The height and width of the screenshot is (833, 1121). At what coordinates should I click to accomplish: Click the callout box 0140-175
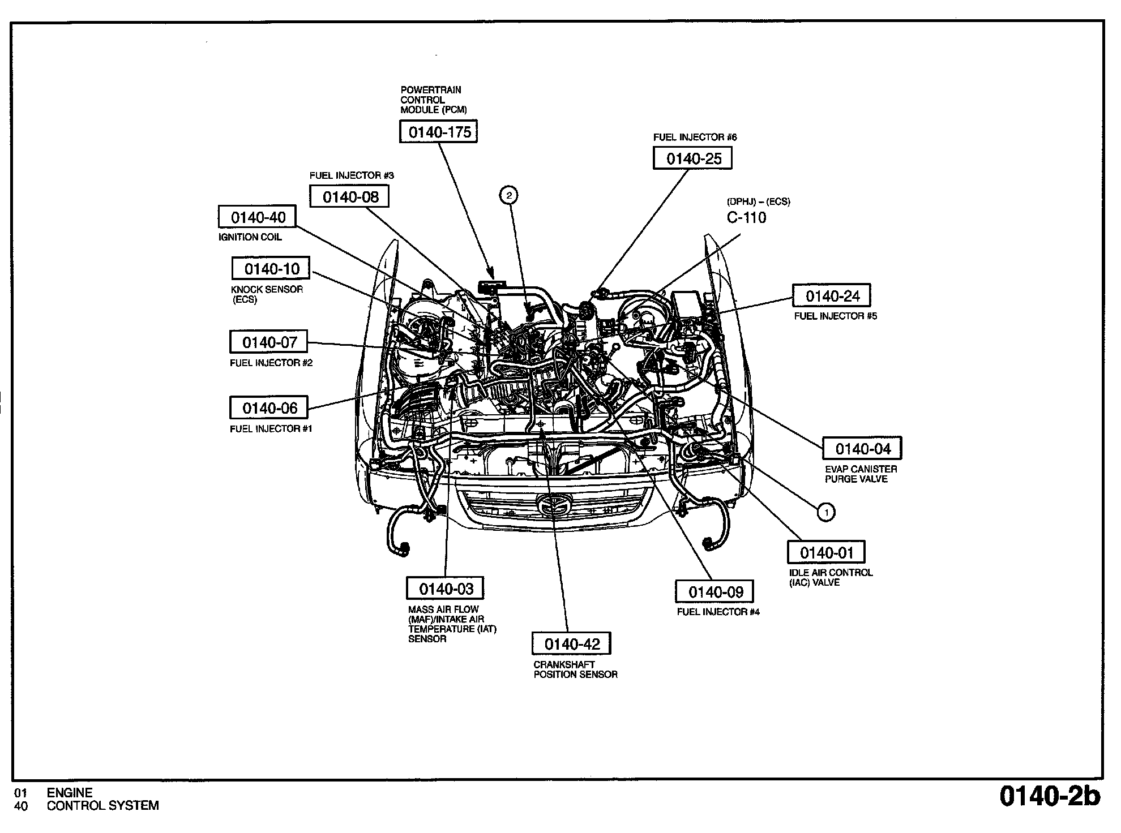pyautogui.click(x=439, y=132)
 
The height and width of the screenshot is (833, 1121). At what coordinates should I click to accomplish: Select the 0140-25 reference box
pyautogui.click(x=692, y=158)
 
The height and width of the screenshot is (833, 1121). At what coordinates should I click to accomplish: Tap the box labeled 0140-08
pyautogui.click(x=350, y=197)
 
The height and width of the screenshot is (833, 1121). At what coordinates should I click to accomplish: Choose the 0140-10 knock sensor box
pyautogui.click(x=271, y=268)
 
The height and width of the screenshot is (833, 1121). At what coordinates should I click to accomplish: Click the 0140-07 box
pyautogui.click(x=269, y=342)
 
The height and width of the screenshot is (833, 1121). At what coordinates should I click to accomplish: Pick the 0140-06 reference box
pyautogui.click(x=269, y=408)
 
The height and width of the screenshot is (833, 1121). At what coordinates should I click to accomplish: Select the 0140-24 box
pyautogui.click(x=832, y=296)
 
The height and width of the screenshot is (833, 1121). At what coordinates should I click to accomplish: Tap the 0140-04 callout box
pyautogui.click(x=862, y=449)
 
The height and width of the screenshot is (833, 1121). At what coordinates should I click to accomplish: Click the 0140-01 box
pyautogui.click(x=827, y=552)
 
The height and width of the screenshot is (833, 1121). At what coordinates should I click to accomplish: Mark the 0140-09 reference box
pyautogui.click(x=715, y=592)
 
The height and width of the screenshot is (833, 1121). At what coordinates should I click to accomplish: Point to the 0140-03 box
pyautogui.click(x=446, y=589)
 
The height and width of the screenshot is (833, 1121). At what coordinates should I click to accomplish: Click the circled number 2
pyautogui.click(x=509, y=195)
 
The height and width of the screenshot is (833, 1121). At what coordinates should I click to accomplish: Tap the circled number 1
pyautogui.click(x=826, y=513)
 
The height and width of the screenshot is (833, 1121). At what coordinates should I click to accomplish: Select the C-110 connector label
pyautogui.click(x=747, y=218)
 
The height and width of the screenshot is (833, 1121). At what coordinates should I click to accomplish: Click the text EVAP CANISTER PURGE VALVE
pyautogui.click(x=861, y=474)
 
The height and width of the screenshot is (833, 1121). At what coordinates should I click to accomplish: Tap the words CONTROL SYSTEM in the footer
pyautogui.click(x=102, y=806)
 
